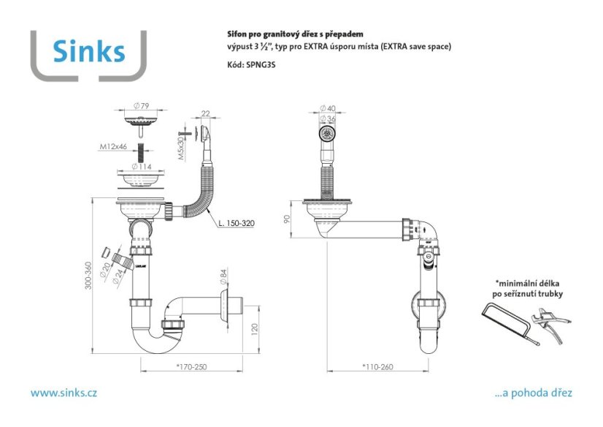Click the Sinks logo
(x=89, y=55)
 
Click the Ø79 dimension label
(x=141, y=105)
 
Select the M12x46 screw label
(x=113, y=146)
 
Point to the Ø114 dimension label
(x=142, y=166)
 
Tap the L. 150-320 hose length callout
(x=236, y=223)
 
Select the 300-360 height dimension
(x=88, y=276)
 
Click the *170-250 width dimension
(x=191, y=367)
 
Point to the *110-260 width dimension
(x=377, y=367)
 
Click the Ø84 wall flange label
(x=223, y=276)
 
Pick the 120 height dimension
(x=254, y=330)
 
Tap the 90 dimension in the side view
(x=286, y=219)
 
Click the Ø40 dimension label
(x=328, y=108)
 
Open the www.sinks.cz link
(x=64, y=393)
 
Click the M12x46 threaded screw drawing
(x=142, y=153)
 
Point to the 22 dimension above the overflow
(x=206, y=113)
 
